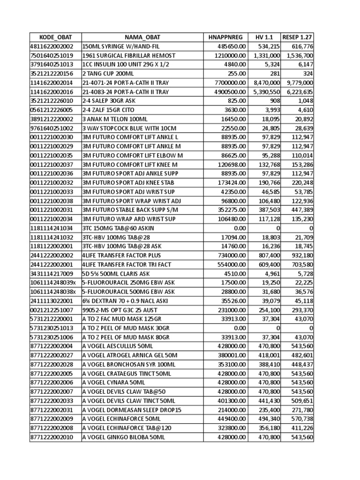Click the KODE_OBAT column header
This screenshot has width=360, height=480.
point(54,37)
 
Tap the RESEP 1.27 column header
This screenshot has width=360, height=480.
point(297,37)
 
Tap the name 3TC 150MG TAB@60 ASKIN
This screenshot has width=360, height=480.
point(117,227)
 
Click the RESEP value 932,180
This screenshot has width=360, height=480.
point(301,255)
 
